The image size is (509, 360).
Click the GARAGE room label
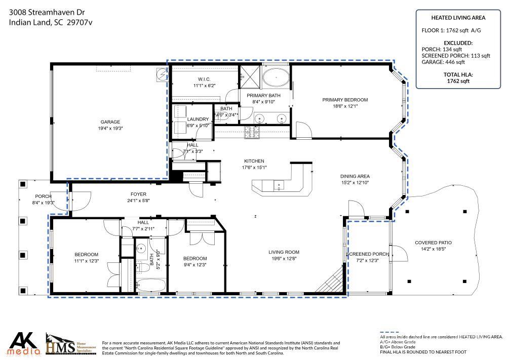point(110,122)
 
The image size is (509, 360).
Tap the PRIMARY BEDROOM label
point(345,100)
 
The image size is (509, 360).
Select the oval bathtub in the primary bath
point(276,78)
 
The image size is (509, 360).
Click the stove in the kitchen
point(252,132)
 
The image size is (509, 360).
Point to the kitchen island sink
point(279,185)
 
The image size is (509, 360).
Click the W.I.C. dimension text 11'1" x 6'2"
point(205,86)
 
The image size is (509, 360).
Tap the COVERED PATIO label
point(433,243)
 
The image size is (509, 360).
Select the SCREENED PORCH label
point(368,254)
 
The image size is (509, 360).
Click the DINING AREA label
point(355,176)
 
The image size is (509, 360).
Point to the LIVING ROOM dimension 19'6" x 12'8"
point(284,259)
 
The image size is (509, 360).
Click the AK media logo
point(25,344)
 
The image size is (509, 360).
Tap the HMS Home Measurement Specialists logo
point(71,344)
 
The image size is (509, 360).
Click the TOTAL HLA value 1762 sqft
point(458,81)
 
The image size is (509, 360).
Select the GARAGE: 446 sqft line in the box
point(443,62)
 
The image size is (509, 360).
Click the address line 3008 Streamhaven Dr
point(47,12)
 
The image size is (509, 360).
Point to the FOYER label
point(138,194)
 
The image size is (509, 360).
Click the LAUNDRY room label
point(198,119)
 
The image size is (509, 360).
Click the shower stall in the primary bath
point(250,76)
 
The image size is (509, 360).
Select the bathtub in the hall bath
point(151,286)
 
